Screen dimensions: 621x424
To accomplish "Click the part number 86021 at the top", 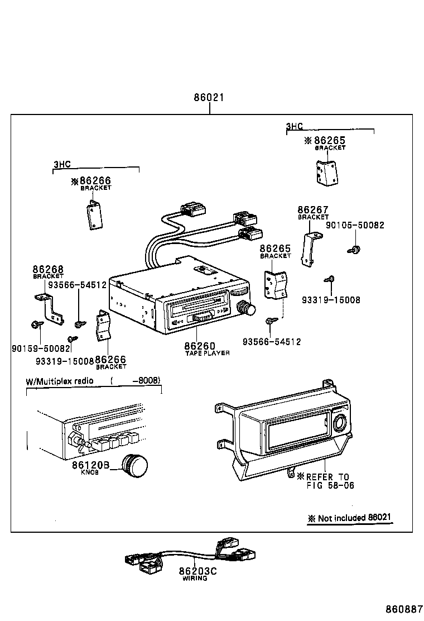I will (209, 97).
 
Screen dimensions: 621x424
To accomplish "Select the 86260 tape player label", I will (200, 346).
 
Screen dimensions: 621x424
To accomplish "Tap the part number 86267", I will (313, 211).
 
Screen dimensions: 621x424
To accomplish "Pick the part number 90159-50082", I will (34, 348).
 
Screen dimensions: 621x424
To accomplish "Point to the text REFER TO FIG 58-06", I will (327, 481).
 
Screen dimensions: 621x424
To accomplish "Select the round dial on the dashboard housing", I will (339, 422).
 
